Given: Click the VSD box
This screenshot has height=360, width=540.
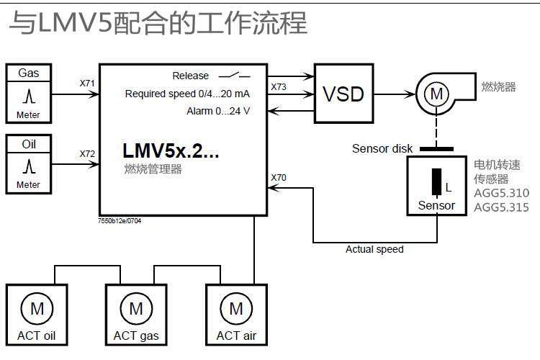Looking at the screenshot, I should pos(343,94).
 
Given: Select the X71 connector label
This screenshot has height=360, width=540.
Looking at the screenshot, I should pos(87,83).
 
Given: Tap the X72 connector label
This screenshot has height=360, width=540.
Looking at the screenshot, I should pos(87,153).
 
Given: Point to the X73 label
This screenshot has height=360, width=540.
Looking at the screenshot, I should pos(279,86).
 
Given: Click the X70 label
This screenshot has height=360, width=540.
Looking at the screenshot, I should pos(279,176).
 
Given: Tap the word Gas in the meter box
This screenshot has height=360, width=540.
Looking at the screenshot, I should pos(29,73).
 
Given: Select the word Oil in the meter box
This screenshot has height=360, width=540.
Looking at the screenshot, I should pos(29,144).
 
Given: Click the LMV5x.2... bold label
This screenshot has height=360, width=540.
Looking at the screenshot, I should pos(171,152).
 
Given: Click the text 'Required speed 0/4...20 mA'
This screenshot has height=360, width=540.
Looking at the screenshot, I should pos(187,94).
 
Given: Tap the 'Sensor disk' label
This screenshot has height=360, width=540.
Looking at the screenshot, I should pos(382,148).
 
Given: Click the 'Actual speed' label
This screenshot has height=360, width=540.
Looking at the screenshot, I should pos(374,249).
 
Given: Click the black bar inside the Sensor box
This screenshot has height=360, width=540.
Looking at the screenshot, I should pos(436,182).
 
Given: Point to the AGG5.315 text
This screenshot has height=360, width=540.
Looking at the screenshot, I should pos(501,207).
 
